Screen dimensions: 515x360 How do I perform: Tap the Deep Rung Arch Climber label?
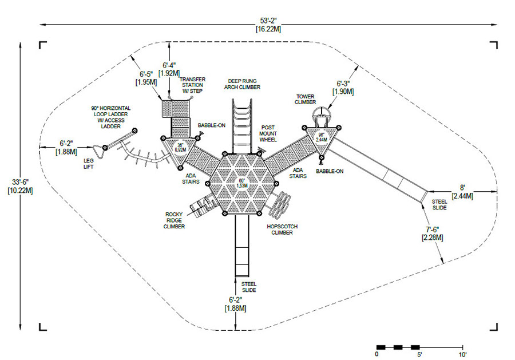click(243, 84)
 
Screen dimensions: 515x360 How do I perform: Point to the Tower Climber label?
click(305, 99)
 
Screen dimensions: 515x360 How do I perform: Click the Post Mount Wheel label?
click(268, 133)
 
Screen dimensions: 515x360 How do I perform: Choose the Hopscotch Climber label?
click(282, 230)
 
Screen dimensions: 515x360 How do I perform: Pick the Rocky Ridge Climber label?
click(174, 220)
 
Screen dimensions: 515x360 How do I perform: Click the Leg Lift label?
click(88, 164)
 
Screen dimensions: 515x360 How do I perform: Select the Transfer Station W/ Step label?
click(192, 85)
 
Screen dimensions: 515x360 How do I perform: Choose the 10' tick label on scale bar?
click(462, 354)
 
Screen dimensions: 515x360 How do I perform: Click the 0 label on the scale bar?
click(377, 354)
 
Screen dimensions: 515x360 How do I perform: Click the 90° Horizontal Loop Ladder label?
click(110, 117)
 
